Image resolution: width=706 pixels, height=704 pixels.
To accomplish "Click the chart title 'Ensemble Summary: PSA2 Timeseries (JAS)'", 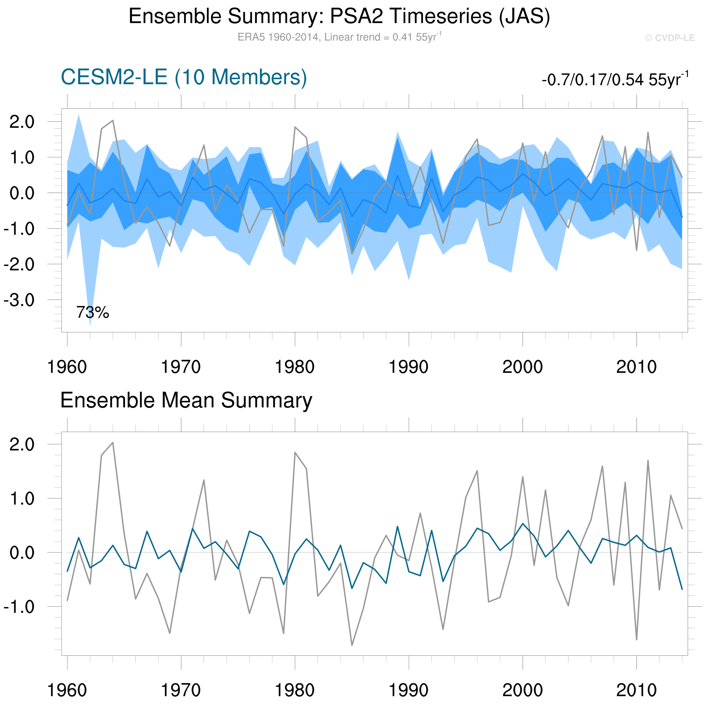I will tap(339, 16).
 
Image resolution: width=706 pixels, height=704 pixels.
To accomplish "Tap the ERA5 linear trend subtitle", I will tap(339, 37).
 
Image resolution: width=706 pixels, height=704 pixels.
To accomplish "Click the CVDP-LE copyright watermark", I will tap(669, 38).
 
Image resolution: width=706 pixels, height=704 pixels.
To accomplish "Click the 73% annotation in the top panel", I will tap(92, 313).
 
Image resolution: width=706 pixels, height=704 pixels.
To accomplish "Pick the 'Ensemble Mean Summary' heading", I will tap(186, 400).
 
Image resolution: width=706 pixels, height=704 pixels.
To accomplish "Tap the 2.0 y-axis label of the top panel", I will tap(22, 122).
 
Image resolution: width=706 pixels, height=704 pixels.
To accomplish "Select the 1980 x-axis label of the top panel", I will tap(295, 367).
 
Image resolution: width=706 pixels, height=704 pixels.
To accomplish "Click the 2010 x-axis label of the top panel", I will tap(636, 367).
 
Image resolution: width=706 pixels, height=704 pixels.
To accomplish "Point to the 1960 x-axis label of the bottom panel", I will tap(67, 690).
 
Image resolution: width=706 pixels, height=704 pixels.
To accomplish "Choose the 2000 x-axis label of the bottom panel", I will tap(523, 690).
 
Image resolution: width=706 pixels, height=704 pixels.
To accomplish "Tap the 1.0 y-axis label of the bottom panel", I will tap(22, 498).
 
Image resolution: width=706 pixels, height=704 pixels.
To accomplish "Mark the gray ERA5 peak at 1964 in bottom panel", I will tap(113, 443).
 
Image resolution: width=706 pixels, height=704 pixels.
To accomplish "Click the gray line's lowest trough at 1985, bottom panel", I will tap(352, 645).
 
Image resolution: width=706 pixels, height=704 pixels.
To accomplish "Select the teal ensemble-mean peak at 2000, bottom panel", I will tap(523, 524).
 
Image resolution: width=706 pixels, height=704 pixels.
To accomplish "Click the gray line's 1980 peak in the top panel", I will tap(295, 127).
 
